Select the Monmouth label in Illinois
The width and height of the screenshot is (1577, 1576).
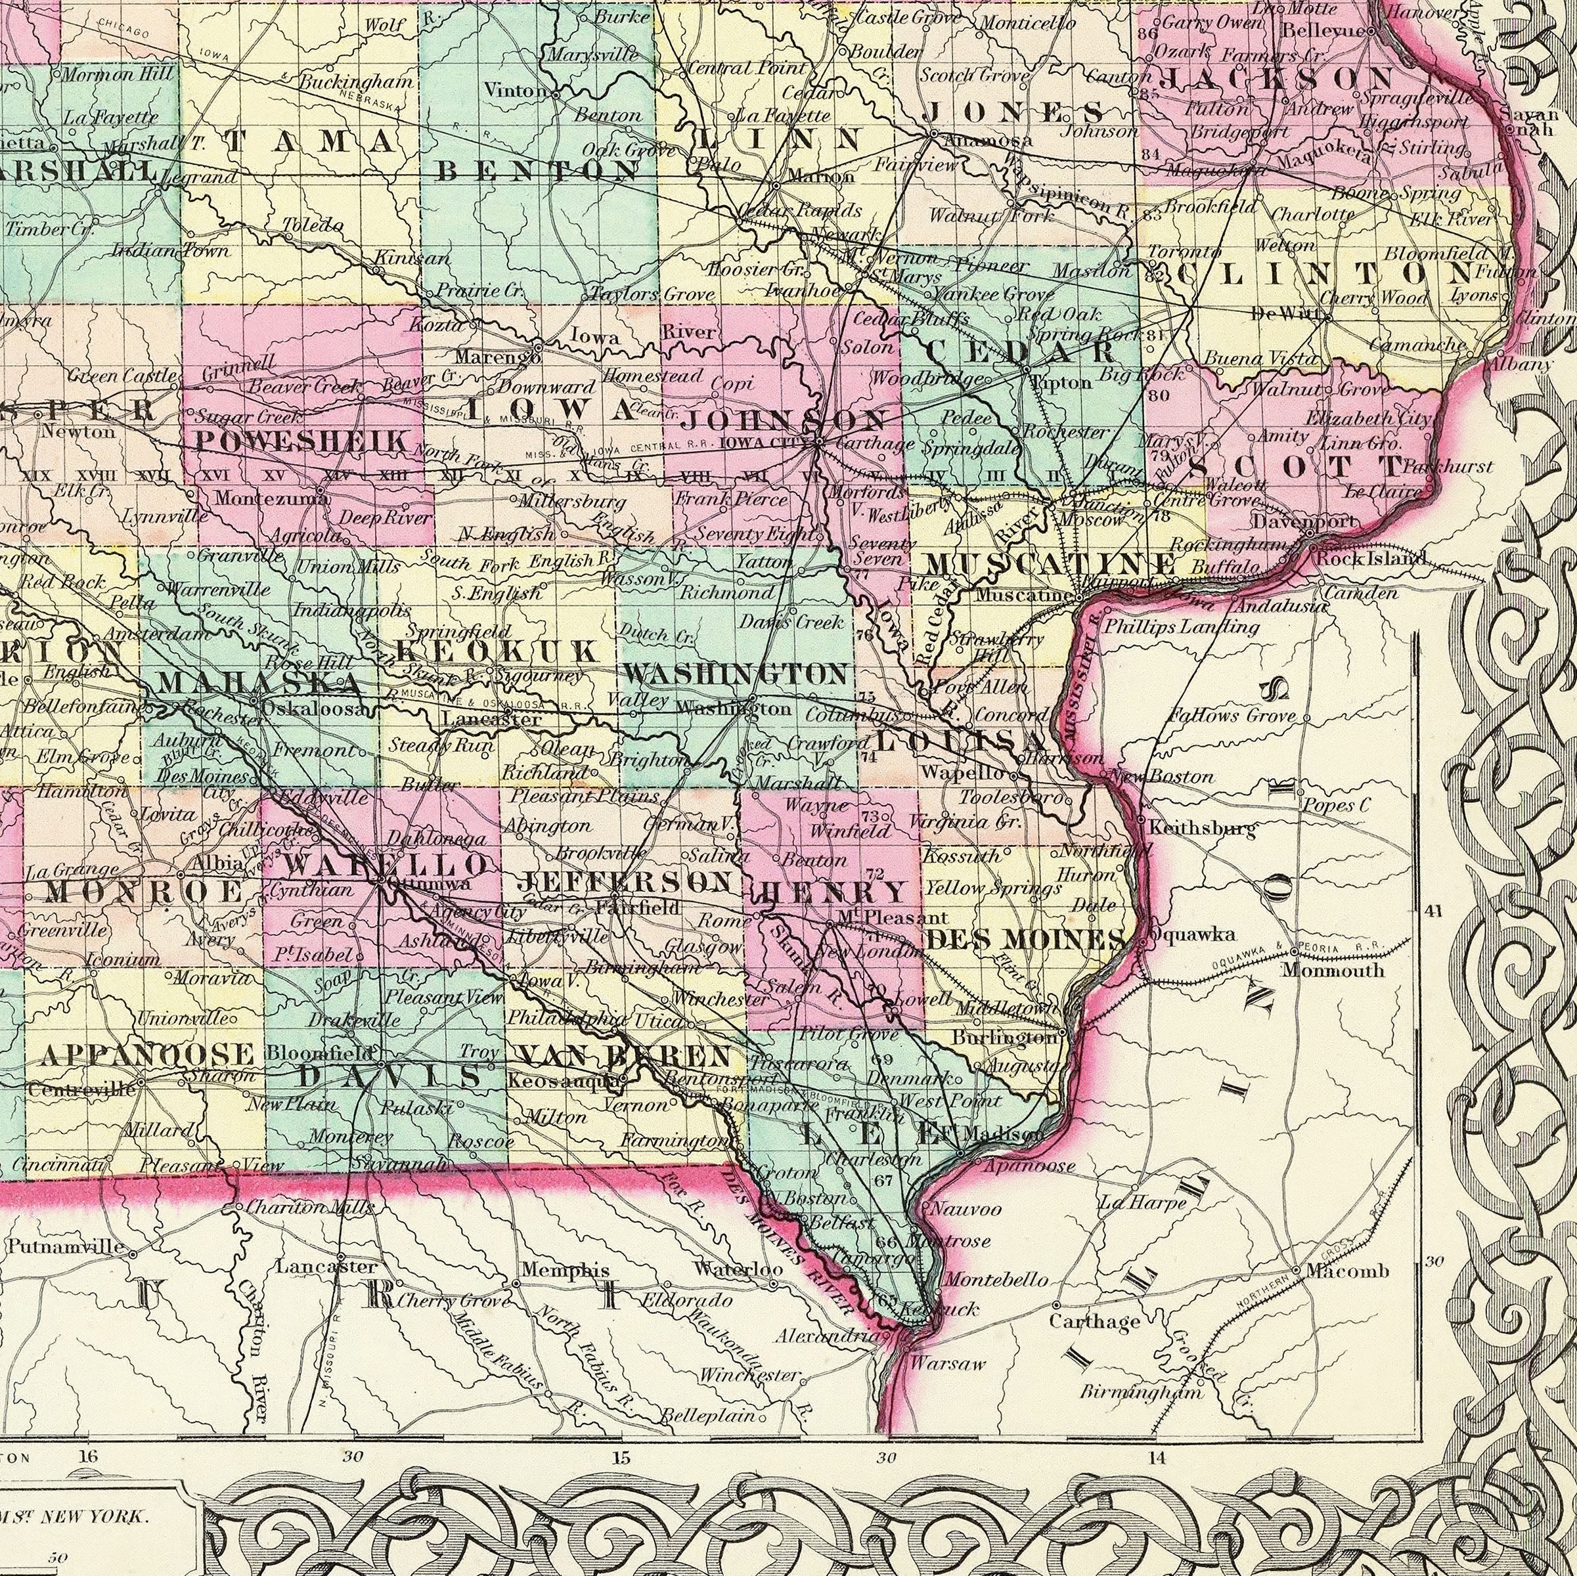pos(1332,970)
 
